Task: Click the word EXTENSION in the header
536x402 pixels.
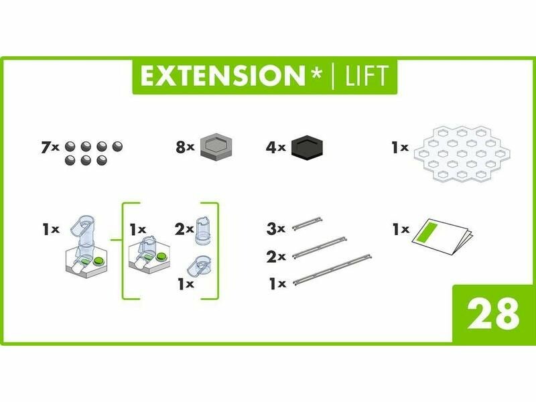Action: pyautogui.click(x=222, y=76)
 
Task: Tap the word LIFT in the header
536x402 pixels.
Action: pyautogui.click(x=366, y=76)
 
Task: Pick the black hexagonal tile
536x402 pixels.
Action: pyautogui.click(x=308, y=147)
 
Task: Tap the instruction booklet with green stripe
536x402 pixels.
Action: pyautogui.click(x=443, y=237)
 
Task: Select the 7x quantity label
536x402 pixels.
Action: pyautogui.click(x=50, y=147)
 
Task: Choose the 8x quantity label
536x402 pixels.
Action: pyautogui.click(x=185, y=147)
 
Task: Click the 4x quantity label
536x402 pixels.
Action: pyautogui.click(x=275, y=147)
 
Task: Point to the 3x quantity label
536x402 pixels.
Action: pyautogui.click(x=275, y=228)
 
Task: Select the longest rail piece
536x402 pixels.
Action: pyautogui.click(x=332, y=270)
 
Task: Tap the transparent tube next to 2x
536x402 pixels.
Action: pyautogui.click(x=203, y=231)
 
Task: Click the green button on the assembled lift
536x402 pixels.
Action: pyautogui.click(x=98, y=261)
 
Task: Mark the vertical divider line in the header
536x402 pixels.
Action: pyautogui.click(x=333, y=76)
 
